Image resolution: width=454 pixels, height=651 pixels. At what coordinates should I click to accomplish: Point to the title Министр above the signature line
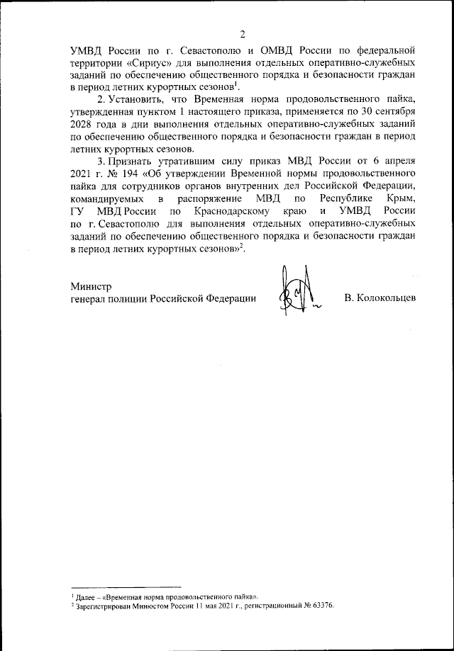[92, 287]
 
